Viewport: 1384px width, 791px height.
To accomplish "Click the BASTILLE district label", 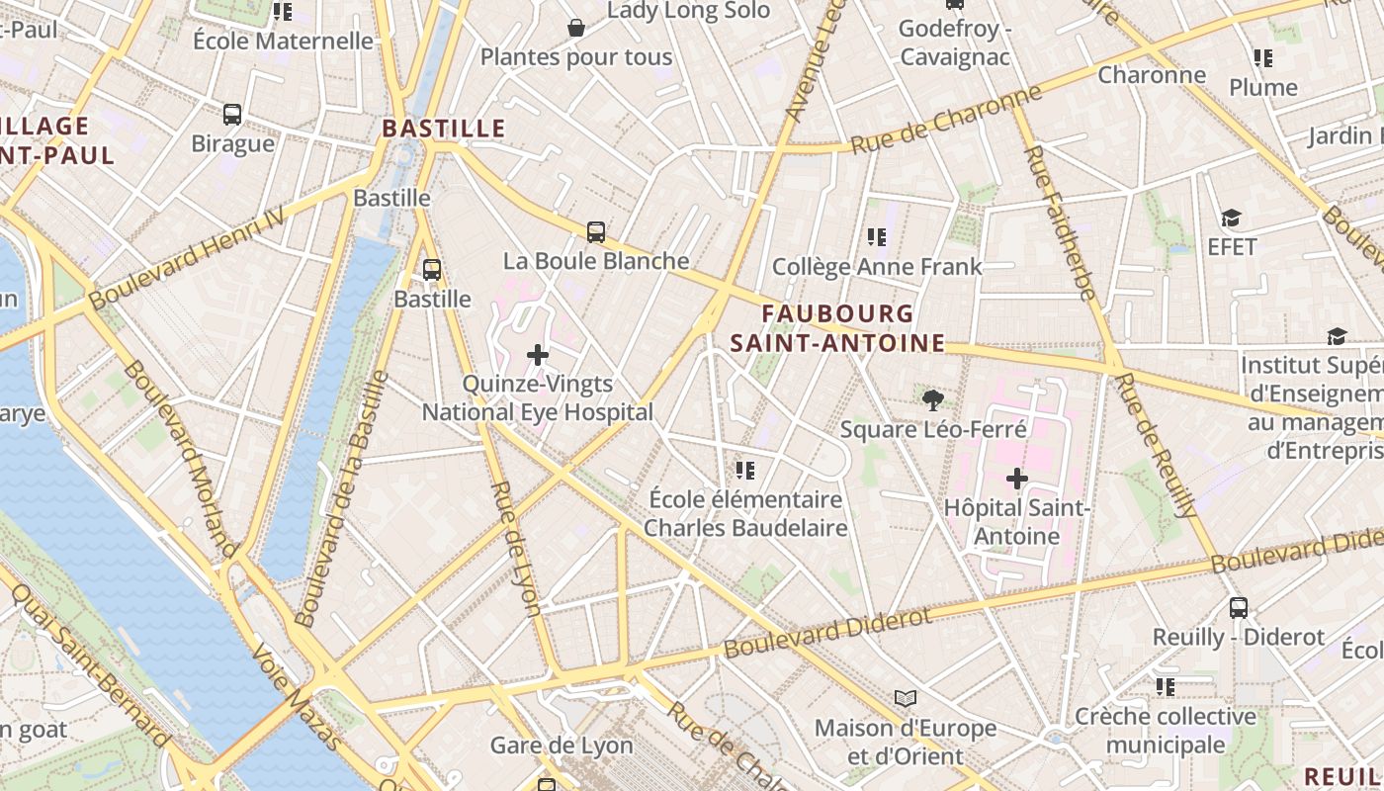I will coord(444,129).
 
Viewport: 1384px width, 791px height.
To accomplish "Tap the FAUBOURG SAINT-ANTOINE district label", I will coord(837,328).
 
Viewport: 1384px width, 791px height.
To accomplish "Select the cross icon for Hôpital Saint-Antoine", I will coord(1016,480).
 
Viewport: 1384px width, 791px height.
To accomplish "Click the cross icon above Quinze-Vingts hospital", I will coord(538,355).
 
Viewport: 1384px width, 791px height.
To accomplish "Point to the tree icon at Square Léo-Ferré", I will coord(931,400).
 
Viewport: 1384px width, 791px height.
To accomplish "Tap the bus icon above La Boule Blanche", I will coord(595,232).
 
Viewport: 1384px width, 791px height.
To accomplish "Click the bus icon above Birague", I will coord(232,115).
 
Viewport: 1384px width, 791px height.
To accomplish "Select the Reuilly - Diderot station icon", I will coord(1239,608).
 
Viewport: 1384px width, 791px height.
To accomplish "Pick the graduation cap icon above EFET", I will coord(1231,219).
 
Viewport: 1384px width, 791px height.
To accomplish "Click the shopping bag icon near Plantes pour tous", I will coord(576,28).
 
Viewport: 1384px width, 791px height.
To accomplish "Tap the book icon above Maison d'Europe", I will coord(906,699).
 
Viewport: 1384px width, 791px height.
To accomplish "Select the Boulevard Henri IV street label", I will coord(187,260).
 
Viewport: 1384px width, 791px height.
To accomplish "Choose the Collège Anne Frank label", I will coord(877,267).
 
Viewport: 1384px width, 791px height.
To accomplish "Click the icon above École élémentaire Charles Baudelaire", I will coord(745,470).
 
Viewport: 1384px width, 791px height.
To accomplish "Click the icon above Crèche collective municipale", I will coord(1166,686).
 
